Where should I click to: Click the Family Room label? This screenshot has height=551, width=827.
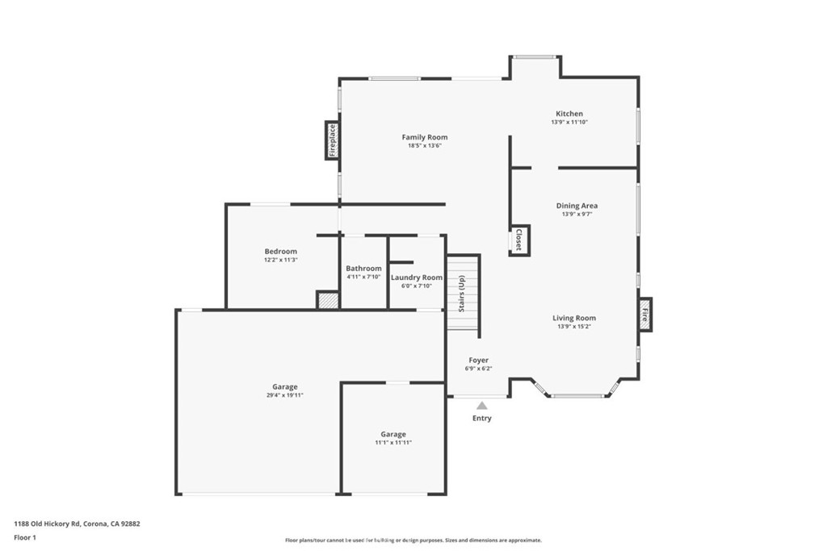pyautogui.click(x=424, y=137)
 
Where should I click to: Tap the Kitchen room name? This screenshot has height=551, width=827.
pyautogui.click(x=569, y=114)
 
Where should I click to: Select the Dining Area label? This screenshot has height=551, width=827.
pyautogui.click(x=577, y=206)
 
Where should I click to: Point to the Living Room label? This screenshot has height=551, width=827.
pyautogui.click(x=574, y=318)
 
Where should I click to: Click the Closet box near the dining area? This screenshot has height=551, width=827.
pyautogui.click(x=518, y=240)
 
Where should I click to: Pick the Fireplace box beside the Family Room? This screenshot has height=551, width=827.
pyautogui.click(x=331, y=140)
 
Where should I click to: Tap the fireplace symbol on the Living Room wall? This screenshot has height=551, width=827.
pyautogui.click(x=644, y=314)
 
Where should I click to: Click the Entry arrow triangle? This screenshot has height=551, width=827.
pyautogui.click(x=481, y=406)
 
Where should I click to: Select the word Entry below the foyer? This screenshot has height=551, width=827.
pyautogui.click(x=481, y=419)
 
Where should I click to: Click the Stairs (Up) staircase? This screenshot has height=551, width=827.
pyautogui.click(x=463, y=294)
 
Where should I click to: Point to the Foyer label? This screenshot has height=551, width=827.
pyautogui.click(x=478, y=360)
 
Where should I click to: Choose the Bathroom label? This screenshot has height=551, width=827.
pyautogui.click(x=363, y=268)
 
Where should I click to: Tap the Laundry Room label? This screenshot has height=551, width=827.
pyautogui.click(x=417, y=277)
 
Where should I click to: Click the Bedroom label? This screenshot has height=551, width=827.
pyautogui.click(x=280, y=251)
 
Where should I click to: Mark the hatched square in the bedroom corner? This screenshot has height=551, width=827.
pyautogui.click(x=327, y=300)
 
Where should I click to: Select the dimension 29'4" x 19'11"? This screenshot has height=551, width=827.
pyautogui.click(x=284, y=395)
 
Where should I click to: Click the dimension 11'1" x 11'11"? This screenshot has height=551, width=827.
pyautogui.click(x=393, y=442)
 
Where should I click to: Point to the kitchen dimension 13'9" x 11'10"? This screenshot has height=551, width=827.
pyautogui.click(x=569, y=123)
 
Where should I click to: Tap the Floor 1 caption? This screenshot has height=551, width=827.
pyautogui.click(x=25, y=537)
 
